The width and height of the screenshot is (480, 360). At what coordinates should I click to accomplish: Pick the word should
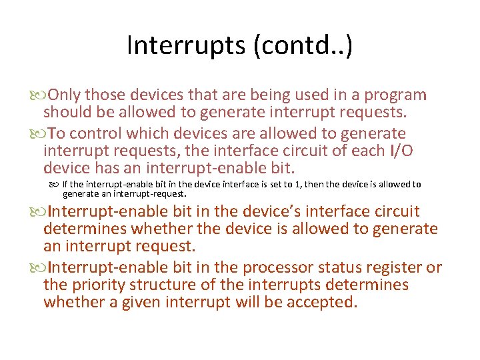coord(68,112)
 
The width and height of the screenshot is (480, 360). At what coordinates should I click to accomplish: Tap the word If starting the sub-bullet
coord(66,185)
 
